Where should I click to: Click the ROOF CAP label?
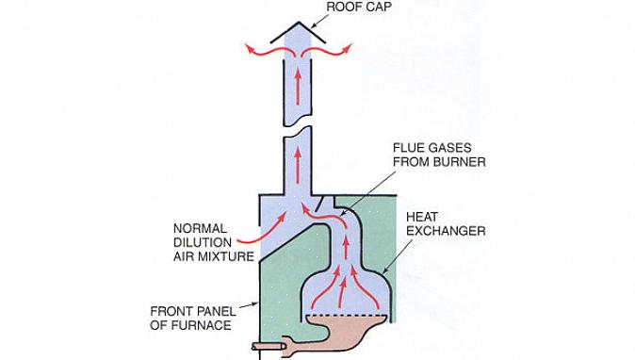tap(359, 7)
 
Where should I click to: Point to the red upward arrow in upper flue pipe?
tap(298, 88)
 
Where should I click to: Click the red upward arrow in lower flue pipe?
tap(298, 165)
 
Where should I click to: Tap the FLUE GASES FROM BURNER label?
tap(439, 155)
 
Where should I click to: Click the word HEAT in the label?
tap(422, 217)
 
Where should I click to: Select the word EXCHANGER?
tap(446, 231)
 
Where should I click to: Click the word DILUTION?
tap(203, 242)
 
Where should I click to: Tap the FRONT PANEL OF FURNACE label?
tap(193, 319)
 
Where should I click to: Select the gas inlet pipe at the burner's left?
tap(269, 346)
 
